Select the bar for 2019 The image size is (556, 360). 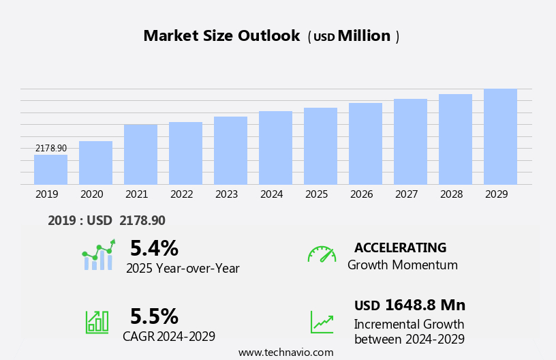(x=50, y=170)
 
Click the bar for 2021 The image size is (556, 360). (x=140, y=154)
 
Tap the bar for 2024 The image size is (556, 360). (x=275, y=147)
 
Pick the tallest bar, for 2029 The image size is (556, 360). (x=500, y=136)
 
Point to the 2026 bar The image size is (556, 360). (x=365, y=143)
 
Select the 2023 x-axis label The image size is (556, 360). (x=226, y=194)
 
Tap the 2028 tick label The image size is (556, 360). (x=451, y=194)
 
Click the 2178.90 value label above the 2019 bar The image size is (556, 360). (x=51, y=148)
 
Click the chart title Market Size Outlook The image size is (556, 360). (x=221, y=36)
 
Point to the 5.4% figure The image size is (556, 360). (x=154, y=248)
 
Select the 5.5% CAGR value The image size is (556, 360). (x=154, y=316)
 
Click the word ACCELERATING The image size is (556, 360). (x=400, y=247)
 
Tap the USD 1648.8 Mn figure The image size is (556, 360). (x=410, y=305)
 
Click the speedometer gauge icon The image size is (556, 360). (x=322, y=254)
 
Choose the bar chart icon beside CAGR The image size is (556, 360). (x=97, y=321)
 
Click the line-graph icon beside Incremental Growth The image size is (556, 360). (x=322, y=322)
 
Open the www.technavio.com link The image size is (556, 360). (x=285, y=352)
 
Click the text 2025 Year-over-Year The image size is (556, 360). (x=183, y=269)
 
